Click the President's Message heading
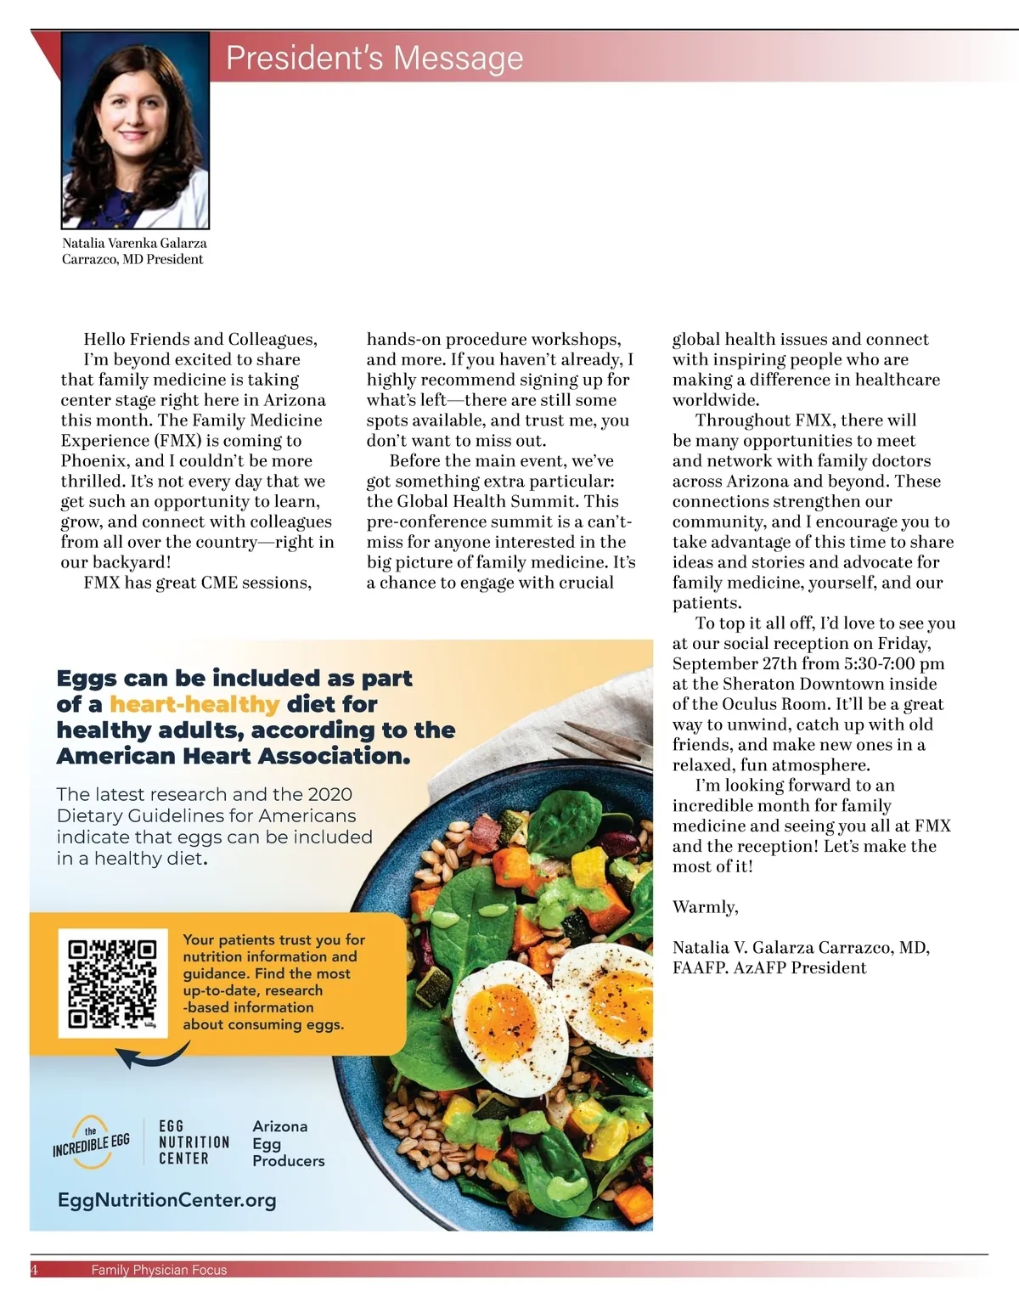tap(374, 58)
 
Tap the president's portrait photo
tap(136, 129)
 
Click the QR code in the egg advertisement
tap(113, 984)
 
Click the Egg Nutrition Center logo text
tap(194, 1142)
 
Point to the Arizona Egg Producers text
tap(288, 1143)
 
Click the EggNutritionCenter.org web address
tap(167, 1200)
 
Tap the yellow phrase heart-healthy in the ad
tap(194, 704)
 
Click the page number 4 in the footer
tap(34, 1270)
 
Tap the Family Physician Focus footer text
tap(159, 1270)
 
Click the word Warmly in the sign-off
tap(705, 907)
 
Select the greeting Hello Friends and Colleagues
tap(200, 340)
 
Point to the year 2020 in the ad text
tap(329, 794)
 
